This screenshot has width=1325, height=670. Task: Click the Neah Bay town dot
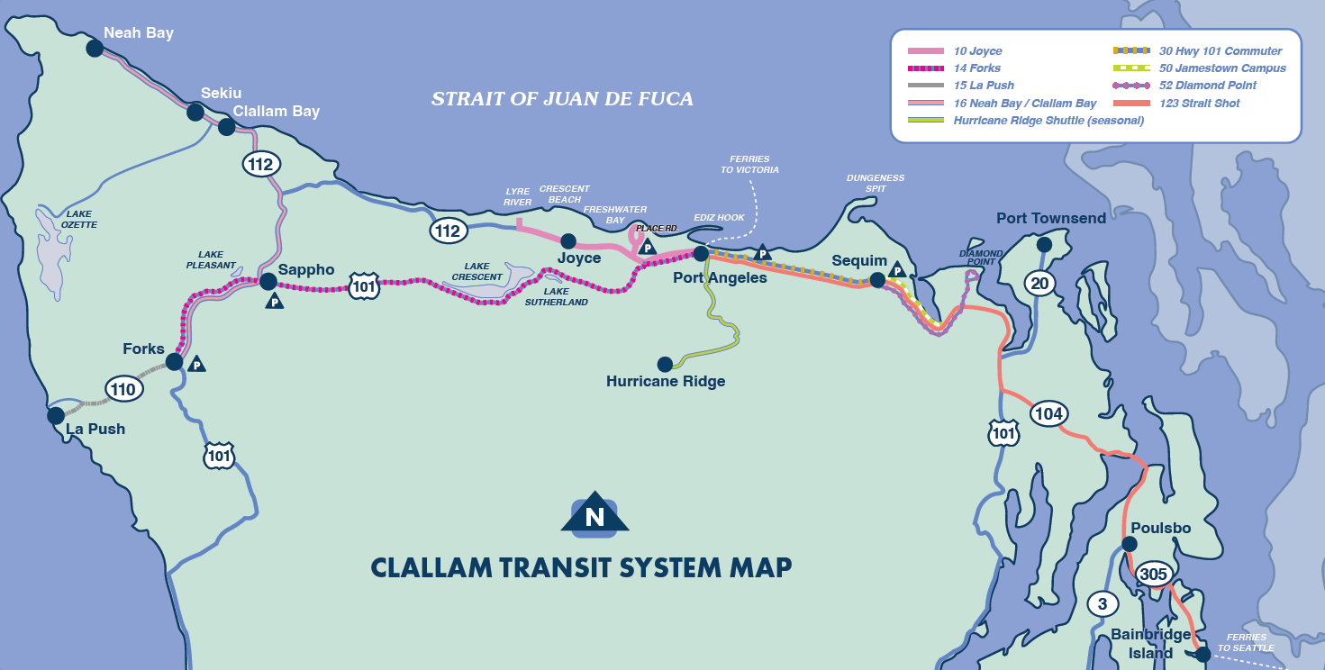click(95, 48)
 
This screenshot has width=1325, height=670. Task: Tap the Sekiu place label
click(222, 93)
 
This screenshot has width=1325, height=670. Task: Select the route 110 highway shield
click(124, 389)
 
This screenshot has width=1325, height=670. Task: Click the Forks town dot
click(175, 361)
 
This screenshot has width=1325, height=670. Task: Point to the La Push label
click(95, 429)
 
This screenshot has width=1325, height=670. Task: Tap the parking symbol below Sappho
click(275, 302)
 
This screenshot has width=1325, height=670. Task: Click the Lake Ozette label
click(78, 220)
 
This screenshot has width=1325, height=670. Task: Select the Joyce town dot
click(568, 240)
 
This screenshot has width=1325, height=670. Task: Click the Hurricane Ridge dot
click(665, 364)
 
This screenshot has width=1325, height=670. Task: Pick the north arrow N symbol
click(594, 514)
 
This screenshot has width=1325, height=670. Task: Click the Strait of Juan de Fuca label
click(562, 99)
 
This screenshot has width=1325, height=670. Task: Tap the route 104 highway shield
click(1049, 413)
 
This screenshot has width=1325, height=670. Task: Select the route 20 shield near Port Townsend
click(1039, 284)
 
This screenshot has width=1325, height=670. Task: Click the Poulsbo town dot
click(1130, 543)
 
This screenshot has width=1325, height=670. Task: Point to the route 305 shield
click(1154, 574)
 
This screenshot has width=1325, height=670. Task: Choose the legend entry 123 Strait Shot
click(1176, 104)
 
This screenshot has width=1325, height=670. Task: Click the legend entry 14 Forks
click(954, 68)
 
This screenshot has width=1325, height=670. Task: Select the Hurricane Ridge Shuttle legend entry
click(1026, 121)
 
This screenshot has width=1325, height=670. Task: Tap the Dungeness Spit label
click(876, 184)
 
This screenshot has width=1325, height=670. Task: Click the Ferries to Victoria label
click(749, 165)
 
